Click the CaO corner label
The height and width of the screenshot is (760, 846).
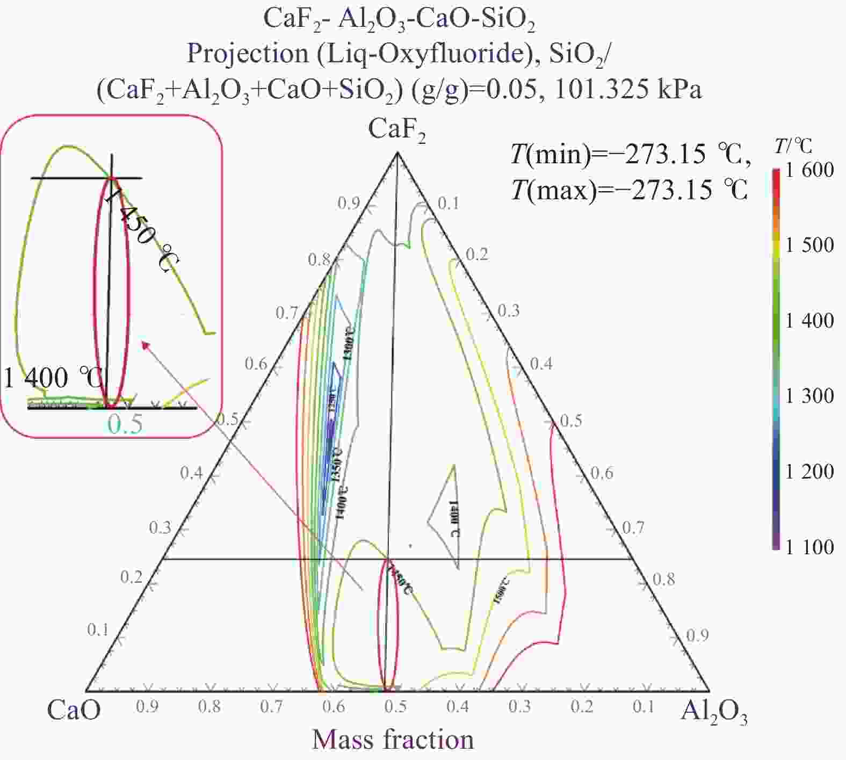[x=74, y=710]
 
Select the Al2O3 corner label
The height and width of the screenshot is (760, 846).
[x=714, y=712]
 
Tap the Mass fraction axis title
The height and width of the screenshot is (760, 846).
[x=393, y=740]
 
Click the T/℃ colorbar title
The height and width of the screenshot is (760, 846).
[x=793, y=146]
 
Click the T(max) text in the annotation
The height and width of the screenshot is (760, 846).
[x=553, y=190]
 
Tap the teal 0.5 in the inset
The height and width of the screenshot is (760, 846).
[x=125, y=424]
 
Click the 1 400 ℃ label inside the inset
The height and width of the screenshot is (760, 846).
[x=53, y=378]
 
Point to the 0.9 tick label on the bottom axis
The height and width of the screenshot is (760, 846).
[x=147, y=706]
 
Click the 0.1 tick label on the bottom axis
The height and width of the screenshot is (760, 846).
[x=643, y=706]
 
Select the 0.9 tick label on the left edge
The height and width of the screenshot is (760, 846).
[x=349, y=204]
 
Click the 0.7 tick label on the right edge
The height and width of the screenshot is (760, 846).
[x=633, y=527]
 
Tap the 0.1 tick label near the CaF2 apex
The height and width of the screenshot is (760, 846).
[x=448, y=204]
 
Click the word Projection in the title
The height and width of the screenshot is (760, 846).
[x=248, y=54]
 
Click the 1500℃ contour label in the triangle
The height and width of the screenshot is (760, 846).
[x=501, y=590]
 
